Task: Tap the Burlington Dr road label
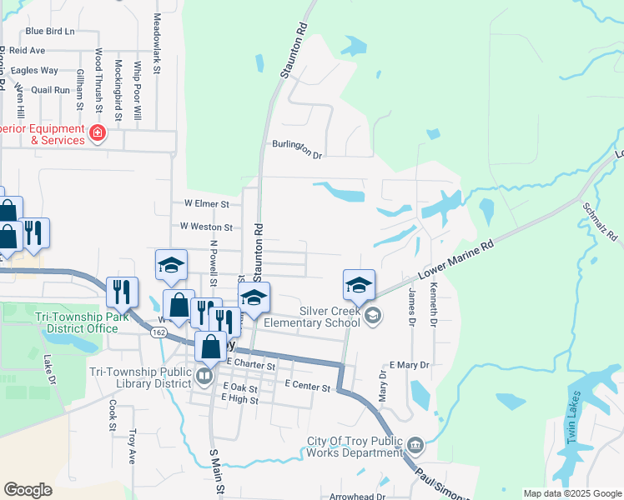tap(297, 149)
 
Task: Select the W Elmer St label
tap(206, 202)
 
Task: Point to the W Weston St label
tap(206, 226)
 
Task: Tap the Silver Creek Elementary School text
tap(310, 316)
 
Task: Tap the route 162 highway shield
tap(158, 332)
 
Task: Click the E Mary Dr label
tap(409, 365)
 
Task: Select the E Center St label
tap(308, 384)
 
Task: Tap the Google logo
tap(28, 489)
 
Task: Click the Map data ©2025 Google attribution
tap(571, 493)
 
